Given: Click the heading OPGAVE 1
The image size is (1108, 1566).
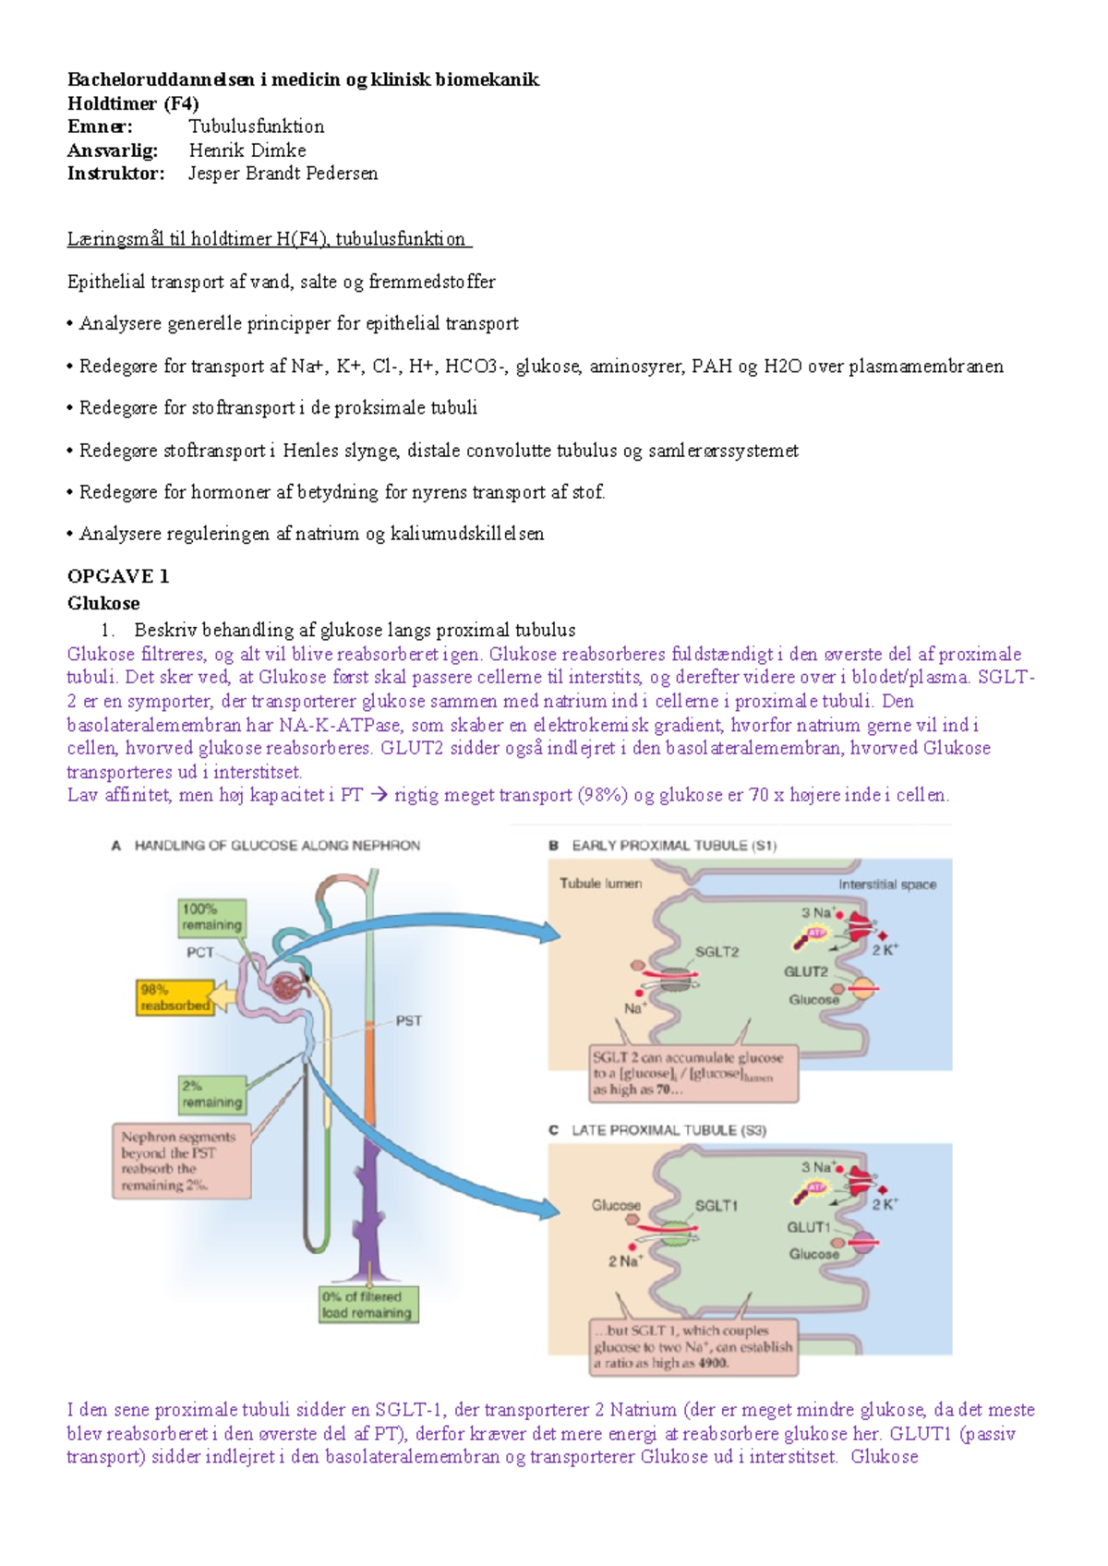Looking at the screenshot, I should pyautogui.click(x=118, y=576).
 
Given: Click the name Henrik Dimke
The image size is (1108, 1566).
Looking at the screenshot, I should pyautogui.click(x=247, y=150).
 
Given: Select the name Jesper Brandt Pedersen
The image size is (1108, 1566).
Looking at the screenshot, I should pyautogui.click(x=283, y=174).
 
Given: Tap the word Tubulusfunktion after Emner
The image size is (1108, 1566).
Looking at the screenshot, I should pyautogui.click(x=256, y=126).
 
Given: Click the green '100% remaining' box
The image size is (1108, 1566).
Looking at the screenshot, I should pyautogui.click(x=211, y=917).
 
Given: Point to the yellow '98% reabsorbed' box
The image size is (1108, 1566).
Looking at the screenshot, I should pyautogui.click(x=175, y=997).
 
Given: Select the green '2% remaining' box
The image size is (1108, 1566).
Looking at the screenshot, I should pyautogui.click(x=211, y=1094).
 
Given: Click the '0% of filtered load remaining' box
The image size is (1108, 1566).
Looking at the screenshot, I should pyautogui.click(x=367, y=1305).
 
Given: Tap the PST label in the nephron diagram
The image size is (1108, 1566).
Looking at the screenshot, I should pyautogui.click(x=408, y=1020).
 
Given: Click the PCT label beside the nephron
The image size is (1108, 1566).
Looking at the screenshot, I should pyautogui.click(x=200, y=952).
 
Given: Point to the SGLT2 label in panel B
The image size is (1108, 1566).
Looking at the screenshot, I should pyautogui.click(x=717, y=952).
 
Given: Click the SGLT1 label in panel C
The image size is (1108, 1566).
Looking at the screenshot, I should pyautogui.click(x=716, y=1206).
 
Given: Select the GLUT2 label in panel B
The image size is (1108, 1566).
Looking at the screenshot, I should pyautogui.click(x=805, y=971).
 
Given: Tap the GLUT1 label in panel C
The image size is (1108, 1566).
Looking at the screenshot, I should pyautogui.click(x=808, y=1227).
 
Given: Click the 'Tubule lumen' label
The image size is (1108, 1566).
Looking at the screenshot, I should pyautogui.click(x=600, y=884).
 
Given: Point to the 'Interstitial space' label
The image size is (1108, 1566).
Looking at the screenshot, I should pyautogui.click(x=886, y=885).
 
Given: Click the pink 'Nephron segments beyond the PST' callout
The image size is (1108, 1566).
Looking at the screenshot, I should pyautogui.click(x=181, y=1161).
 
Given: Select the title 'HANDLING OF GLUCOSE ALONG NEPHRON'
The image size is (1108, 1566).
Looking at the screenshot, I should pyautogui.click(x=277, y=846).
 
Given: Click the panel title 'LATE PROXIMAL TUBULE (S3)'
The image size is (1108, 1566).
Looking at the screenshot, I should pyautogui.click(x=668, y=1130).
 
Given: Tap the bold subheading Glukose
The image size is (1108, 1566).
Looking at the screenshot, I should pyautogui.click(x=103, y=603).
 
